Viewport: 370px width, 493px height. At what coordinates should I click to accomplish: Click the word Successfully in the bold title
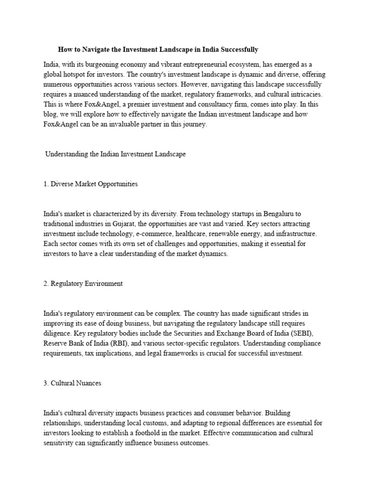(238, 49)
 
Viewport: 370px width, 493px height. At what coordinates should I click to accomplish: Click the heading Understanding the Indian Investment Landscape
(115, 155)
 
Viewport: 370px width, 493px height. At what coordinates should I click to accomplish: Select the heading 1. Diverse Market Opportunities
(91, 184)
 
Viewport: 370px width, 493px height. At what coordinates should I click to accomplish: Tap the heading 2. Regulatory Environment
(83, 284)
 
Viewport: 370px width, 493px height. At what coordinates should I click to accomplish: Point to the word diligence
(58, 334)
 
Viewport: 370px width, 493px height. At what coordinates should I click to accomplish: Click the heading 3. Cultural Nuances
(72, 383)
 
